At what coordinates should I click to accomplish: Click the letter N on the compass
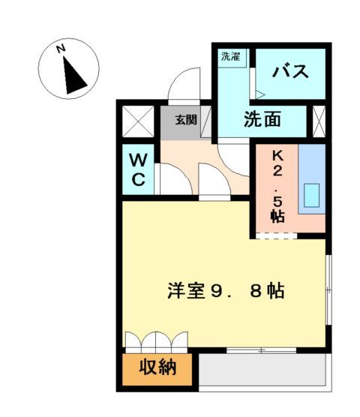63,49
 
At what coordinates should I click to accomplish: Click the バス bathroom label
291,73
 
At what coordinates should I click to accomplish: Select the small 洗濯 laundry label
230,55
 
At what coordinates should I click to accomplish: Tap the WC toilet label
140,169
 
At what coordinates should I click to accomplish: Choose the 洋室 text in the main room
184,291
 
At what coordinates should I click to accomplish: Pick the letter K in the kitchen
277,156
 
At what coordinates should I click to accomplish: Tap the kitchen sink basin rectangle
310,196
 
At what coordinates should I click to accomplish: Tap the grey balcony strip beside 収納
262,369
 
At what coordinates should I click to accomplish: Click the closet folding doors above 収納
157,341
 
